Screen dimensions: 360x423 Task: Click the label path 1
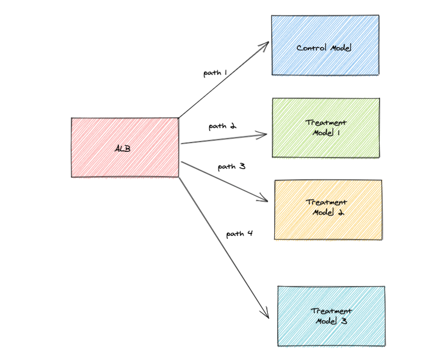tap(215, 73)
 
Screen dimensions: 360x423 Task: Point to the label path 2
tap(222, 126)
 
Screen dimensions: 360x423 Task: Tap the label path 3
tap(231, 167)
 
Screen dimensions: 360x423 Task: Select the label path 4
tap(240, 233)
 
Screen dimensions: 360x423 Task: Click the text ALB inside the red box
tap(123, 148)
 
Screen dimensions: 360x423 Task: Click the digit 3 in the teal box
tap(343, 321)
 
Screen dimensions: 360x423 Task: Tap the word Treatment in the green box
tap(326, 123)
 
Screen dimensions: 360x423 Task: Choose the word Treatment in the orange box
tap(326, 202)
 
